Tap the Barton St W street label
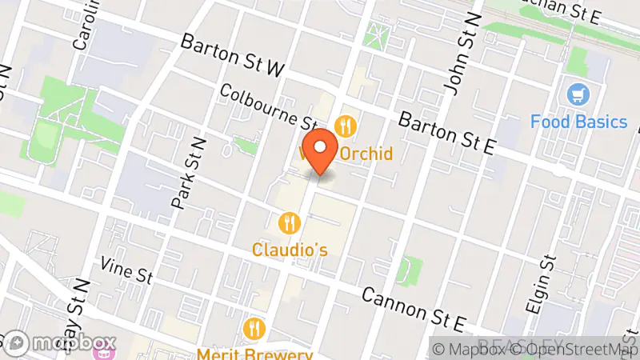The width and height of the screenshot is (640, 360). (x=233, y=55)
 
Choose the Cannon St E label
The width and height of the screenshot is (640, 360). (x=414, y=308)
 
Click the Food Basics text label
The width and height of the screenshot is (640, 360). (x=579, y=122)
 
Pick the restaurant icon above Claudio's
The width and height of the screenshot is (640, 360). (x=289, y=222)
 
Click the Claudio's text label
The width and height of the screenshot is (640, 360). (x=290, y=250)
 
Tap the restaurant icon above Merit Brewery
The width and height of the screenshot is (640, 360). (x=254, y=327)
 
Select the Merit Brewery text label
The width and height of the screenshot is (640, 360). (x=255, y=353)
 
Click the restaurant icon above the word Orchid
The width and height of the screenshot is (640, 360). (x=346, y=126)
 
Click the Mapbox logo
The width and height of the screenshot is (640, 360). (x=60, y=343)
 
